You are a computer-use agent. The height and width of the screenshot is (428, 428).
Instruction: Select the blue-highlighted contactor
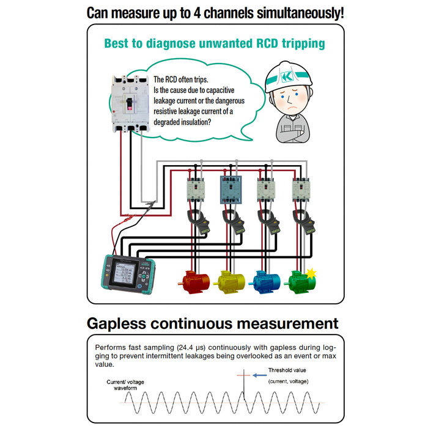(231, 190)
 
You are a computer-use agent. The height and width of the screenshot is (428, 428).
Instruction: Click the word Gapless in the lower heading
(124, 323)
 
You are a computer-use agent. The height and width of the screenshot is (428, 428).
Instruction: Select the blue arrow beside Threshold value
(259, 370)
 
